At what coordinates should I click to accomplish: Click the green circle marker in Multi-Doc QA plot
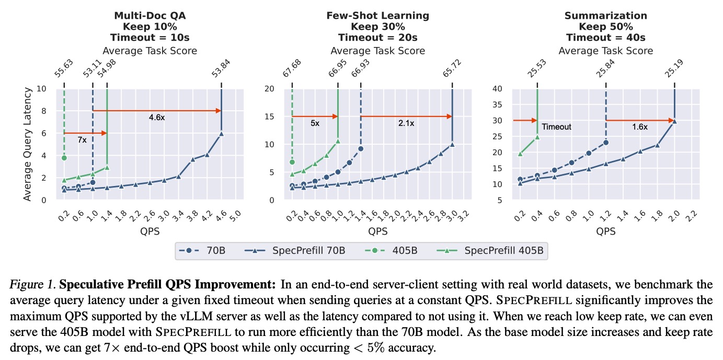click(x=64, y=158)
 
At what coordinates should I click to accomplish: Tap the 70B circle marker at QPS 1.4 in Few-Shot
click(x=361, y=149)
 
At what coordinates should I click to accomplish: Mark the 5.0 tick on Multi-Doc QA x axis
click(x=238, y=215)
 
